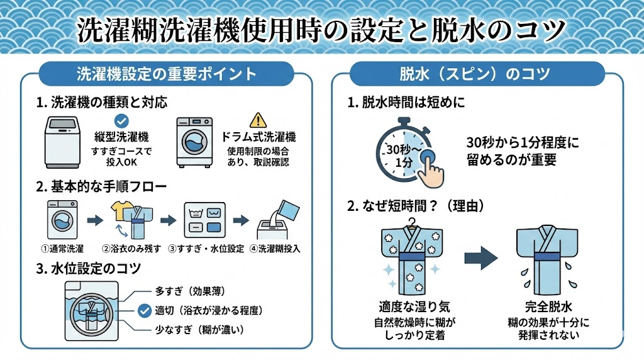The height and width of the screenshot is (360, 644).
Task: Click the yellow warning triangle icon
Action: click(x=258, y=120)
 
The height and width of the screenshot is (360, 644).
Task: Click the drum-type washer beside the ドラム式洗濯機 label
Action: click(x=194, y=142)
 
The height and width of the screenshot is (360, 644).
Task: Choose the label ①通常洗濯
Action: click(x=62, y=248)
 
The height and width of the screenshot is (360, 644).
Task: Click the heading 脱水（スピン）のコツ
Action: click(x=475, y=74)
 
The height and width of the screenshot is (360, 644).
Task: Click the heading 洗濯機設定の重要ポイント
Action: click(x=166, y=74)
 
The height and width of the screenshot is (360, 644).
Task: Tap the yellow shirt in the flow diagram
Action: click(x=120, y=208)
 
